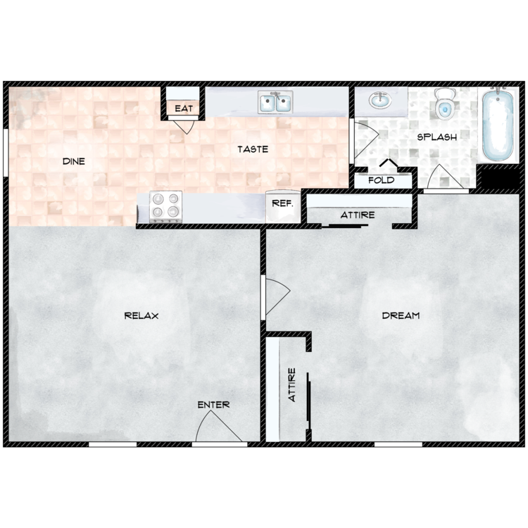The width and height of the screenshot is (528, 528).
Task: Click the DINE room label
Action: pos(73,161)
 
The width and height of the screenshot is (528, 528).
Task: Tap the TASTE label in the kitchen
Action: pos(252,149)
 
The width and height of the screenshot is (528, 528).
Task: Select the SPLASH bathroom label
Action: pos(437,137)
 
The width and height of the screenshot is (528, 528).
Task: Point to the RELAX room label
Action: pos(141,315)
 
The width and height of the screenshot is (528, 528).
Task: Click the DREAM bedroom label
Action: pos(401,315)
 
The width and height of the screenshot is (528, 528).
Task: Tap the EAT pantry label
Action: pos(183,109)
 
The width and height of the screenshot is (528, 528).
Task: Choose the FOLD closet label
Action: pos(381,180)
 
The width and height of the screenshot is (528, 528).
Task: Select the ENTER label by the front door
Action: pos(213,405)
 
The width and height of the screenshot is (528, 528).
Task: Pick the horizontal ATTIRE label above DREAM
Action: pos(358,215)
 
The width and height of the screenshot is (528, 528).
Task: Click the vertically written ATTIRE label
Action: pos(292,385)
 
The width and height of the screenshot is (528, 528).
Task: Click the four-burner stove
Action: pos(167,206)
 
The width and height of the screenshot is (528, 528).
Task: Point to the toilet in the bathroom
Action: pos(446,103)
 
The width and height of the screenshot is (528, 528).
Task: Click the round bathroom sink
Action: pos(380,101)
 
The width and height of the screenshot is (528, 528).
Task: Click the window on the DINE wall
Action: pos(6,152)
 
